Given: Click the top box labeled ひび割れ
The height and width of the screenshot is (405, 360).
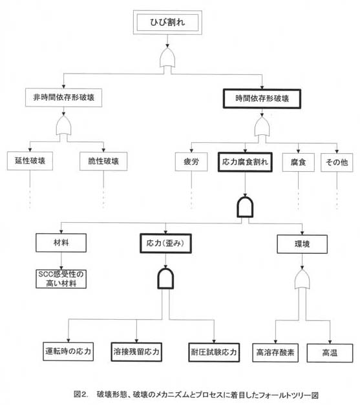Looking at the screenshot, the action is [167, 23].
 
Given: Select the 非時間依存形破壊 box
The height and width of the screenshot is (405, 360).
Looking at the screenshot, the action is [63, 98].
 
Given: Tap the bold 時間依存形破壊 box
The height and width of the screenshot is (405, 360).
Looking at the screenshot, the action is [262, 99].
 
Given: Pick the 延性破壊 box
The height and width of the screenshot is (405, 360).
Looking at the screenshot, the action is [30, 161].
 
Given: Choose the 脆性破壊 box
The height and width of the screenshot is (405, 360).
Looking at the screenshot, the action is [103, 161].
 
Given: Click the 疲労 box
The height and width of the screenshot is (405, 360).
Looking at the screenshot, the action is [191, 162].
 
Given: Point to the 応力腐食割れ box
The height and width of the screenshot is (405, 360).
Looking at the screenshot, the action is [245, 162].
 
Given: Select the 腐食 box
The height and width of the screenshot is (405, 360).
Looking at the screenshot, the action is [298, 163].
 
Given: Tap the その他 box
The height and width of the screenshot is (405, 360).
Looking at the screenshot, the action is [337, 163].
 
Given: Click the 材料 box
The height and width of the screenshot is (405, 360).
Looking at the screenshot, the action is [61, 243].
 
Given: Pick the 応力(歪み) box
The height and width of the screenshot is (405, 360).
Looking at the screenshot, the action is [165, 244].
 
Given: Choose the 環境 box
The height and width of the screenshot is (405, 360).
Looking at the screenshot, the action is [302, 244].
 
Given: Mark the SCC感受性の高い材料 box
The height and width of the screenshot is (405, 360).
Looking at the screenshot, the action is [61, 279].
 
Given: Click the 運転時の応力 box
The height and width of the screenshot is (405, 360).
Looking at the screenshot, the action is [69, 351].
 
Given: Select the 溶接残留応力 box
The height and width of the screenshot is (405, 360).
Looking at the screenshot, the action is [136, 352].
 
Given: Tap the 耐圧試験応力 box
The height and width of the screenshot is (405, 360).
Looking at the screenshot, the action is [214, 352].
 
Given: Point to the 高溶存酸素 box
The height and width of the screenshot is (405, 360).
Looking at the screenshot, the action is [275, 353].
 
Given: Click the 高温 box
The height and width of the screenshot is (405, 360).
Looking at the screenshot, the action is [330, 353].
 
